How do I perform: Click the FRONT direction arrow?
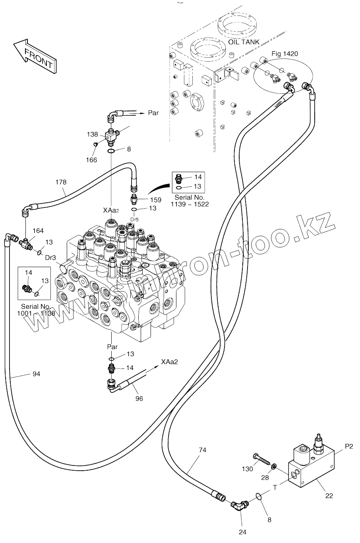click(35, 56)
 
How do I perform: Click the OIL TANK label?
click(244, 42)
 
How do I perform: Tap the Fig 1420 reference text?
click(285, 54)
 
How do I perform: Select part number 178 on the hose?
click(61, 182)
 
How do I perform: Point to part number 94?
click(36, 374)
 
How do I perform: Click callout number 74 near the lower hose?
click(203, 450)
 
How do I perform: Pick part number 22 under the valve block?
click(329, 495)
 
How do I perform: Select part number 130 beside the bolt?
click(247, 469)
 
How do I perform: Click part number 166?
click(92, 160)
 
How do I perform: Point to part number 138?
click(93, 135)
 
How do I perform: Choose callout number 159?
click(156, 200)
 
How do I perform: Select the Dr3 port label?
click(50, 258)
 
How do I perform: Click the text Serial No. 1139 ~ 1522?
click(190, 201)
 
